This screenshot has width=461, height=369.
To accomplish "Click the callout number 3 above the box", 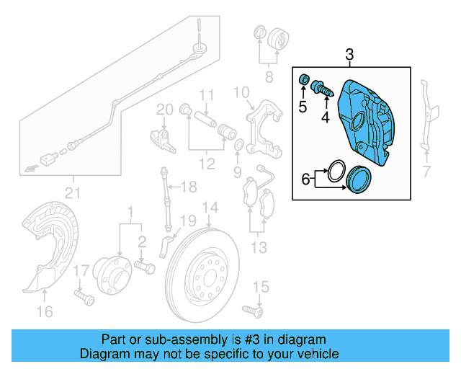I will pyautogui.click(x=349, y=54).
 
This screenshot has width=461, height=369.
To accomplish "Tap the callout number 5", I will pyautogui.click(x=303, y=107).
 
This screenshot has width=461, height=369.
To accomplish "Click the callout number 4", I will pyautogui.click(x=325, y=116).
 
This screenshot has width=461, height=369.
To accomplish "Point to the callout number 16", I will pyautogui.click(x=45, y=311).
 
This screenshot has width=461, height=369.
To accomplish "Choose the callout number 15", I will pyautogui.click(x=260, y=288).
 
